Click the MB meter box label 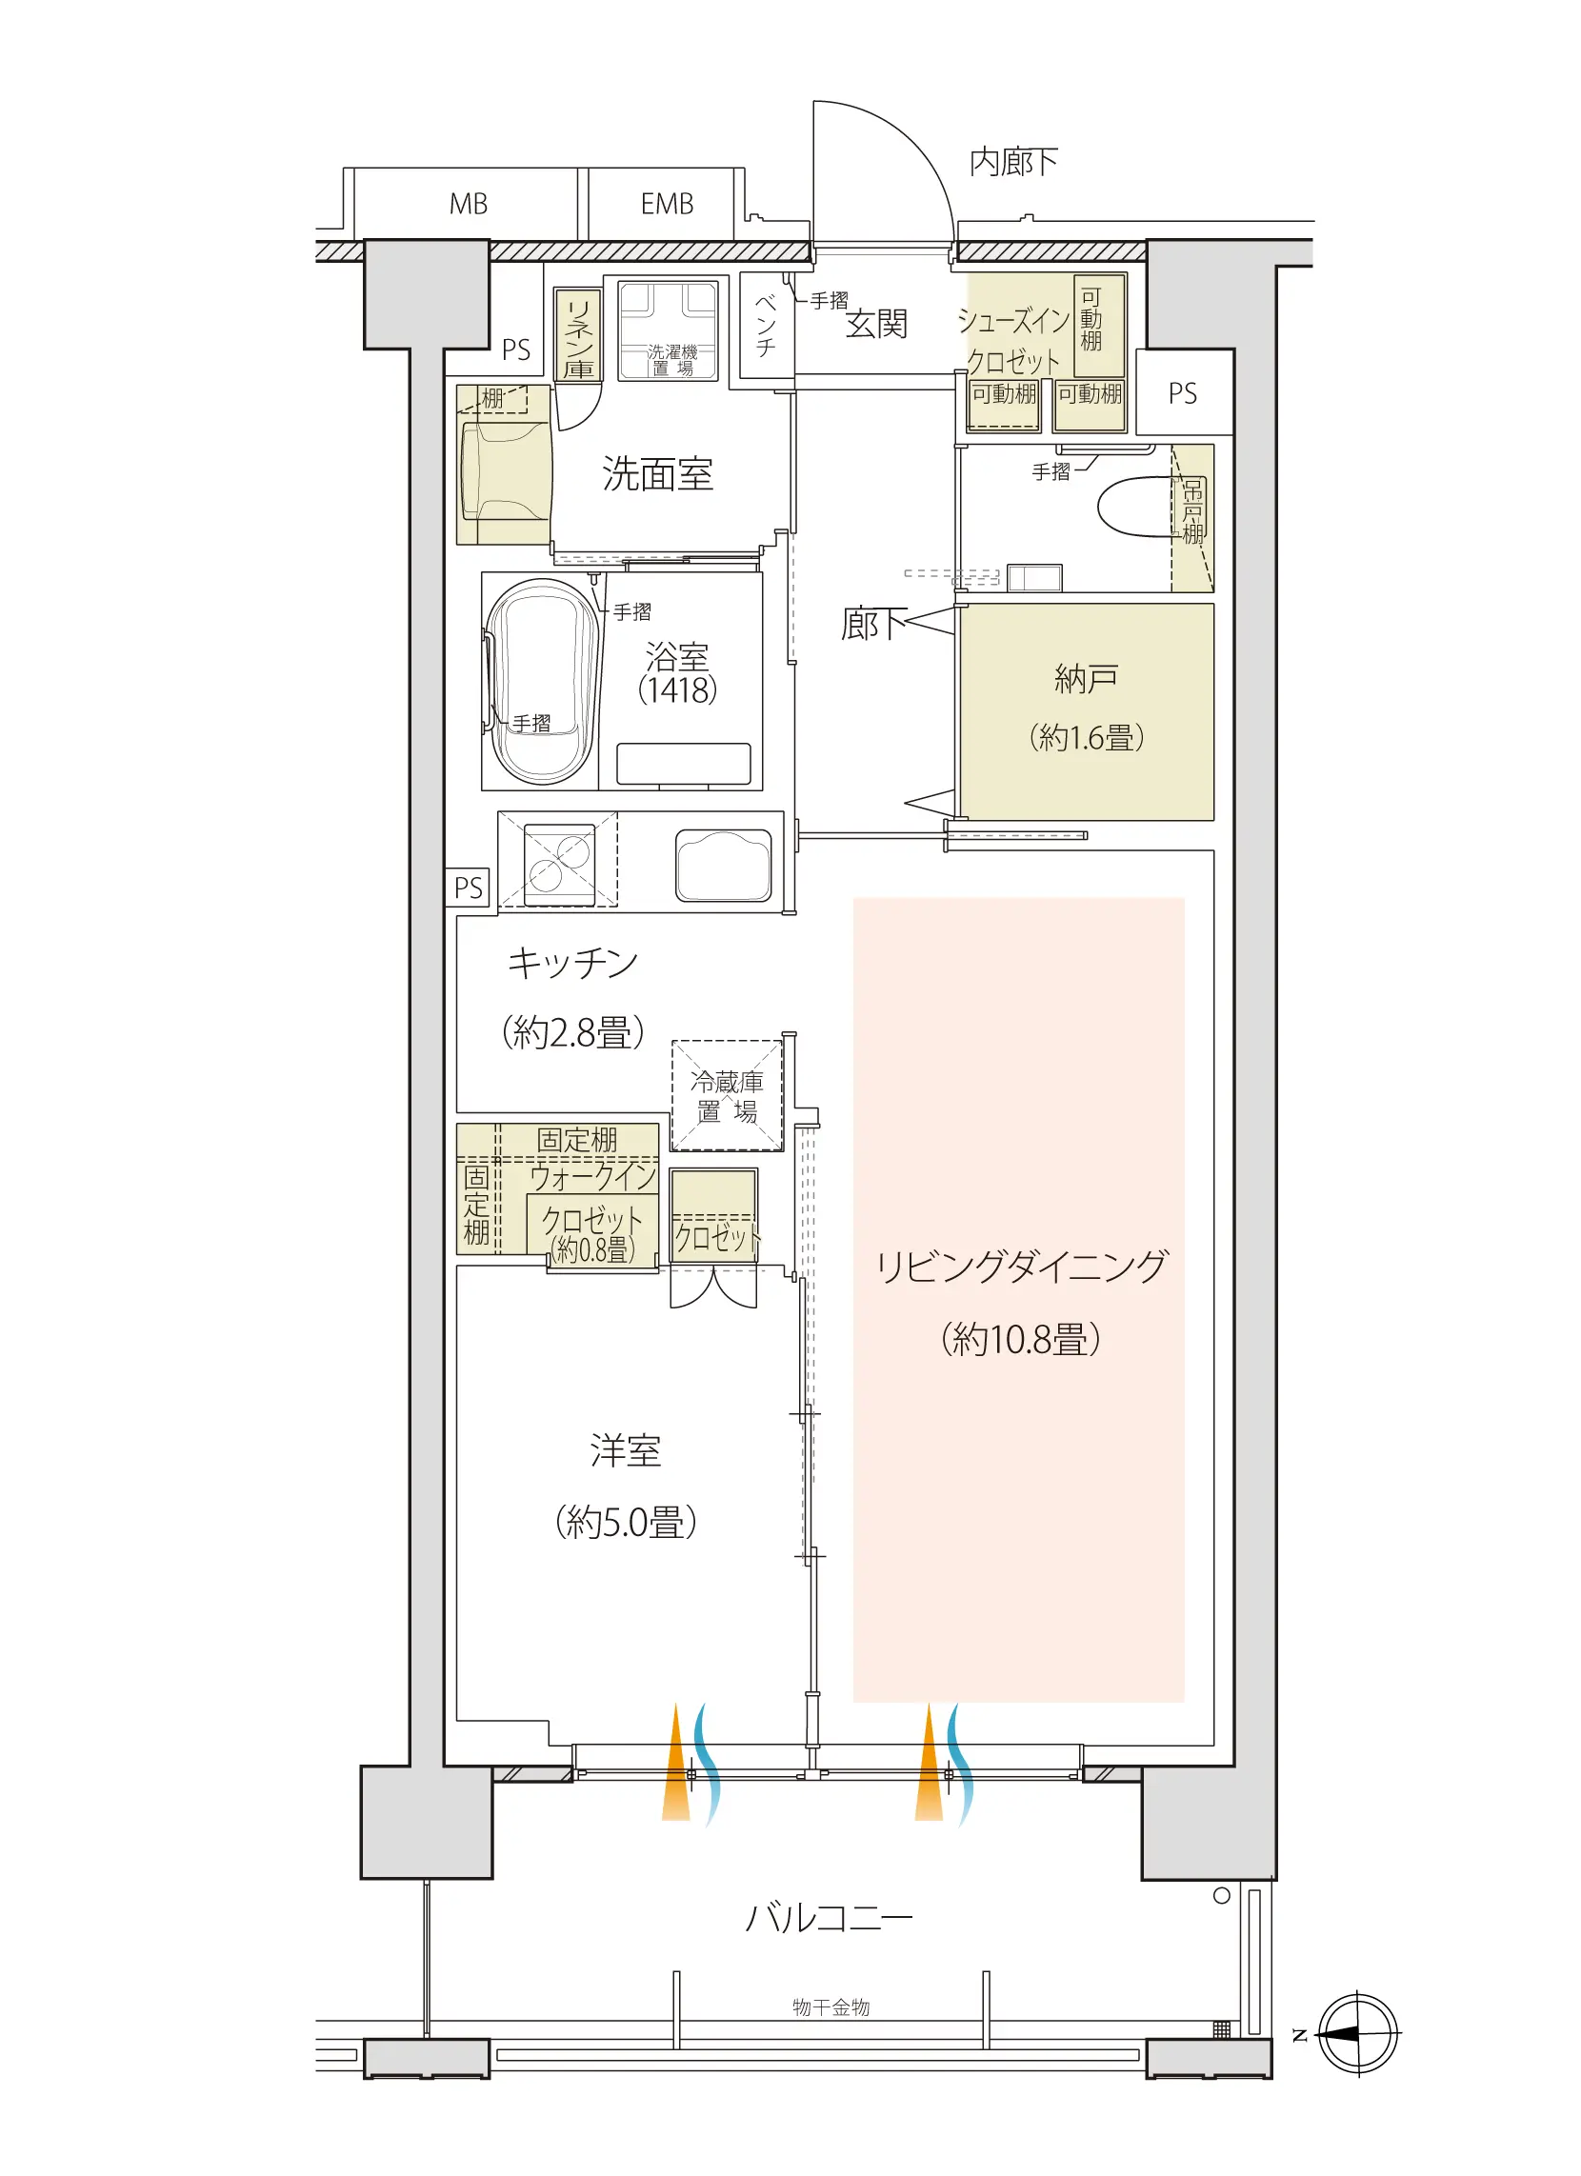(469, 204)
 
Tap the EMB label (667, 204)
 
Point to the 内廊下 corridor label (1013, 162)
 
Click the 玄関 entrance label (876, 325)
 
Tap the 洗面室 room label (658, 474)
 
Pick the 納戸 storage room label (1086, 678)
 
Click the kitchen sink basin (723, 866)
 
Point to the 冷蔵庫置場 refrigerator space (728, 1096)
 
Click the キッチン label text (572, 963)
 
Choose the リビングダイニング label (1021, 1266)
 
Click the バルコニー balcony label (829, 1918)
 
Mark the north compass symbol (1357, 2033)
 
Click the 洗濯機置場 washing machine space (668, 331)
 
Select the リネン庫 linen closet (578, 336)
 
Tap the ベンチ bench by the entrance (767, 326)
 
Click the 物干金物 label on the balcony (831, 2007)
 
